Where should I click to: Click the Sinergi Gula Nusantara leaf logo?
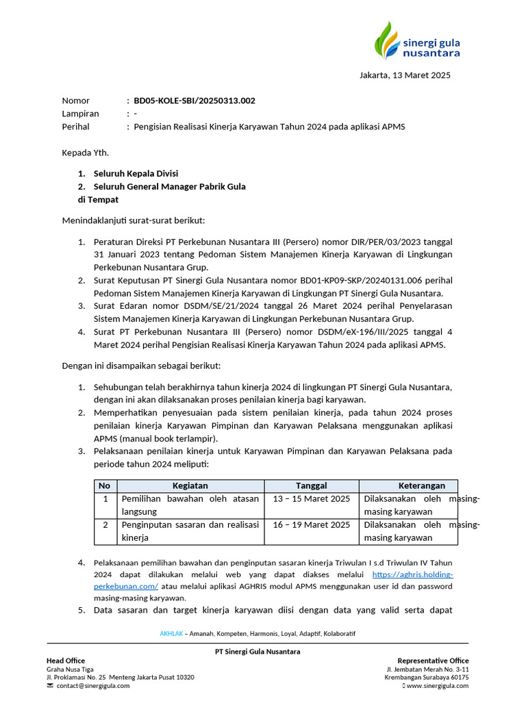(388, 40)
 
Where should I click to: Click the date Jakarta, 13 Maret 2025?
(405, 75)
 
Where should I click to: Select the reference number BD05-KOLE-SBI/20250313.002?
(195, 101)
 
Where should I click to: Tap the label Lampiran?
(80, 114)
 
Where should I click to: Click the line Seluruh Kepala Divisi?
(136, 173)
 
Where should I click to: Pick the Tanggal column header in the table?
(311, 485)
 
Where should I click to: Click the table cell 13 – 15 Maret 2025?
(311, 498)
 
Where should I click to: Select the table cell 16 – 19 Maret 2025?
(311, 525)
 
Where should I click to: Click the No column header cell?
(105, 485)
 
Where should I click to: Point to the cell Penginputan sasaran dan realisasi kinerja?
(190, 531)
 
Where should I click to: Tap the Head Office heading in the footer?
(66, 660)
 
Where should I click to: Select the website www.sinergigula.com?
(438, 685)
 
